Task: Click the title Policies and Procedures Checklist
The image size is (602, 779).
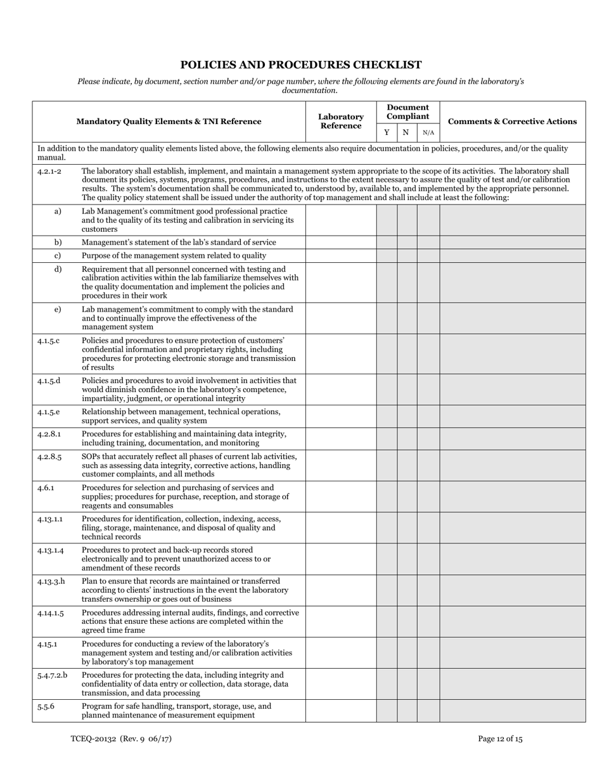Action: tap(301, 65)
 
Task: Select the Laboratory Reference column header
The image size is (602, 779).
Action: tap(341, 122)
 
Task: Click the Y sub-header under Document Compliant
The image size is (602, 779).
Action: tap(387, 132)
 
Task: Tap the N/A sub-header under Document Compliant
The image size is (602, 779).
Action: tap(428, 132)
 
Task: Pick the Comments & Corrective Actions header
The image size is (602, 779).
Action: tap(512, 122)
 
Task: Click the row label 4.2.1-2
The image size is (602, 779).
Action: tap(49, 171)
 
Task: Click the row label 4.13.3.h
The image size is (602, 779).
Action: tap(51, 581)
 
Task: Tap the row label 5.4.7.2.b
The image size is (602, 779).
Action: tap(52, 675)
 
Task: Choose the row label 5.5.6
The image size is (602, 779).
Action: tap(46, 706)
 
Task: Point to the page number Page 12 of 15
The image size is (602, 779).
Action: tap(500, 738)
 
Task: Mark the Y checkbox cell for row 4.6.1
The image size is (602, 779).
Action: tap(387, 497)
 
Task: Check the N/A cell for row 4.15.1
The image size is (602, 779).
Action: tap(428, 652)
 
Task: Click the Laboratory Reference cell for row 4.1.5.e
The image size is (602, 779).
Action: tap(341, 416)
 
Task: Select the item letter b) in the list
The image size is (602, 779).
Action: tap(58, 243)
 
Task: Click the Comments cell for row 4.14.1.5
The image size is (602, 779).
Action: tap(512, 621)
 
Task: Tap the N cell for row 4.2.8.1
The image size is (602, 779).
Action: tap(407, 438)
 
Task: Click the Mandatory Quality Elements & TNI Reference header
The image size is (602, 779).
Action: tap(169, 122)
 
